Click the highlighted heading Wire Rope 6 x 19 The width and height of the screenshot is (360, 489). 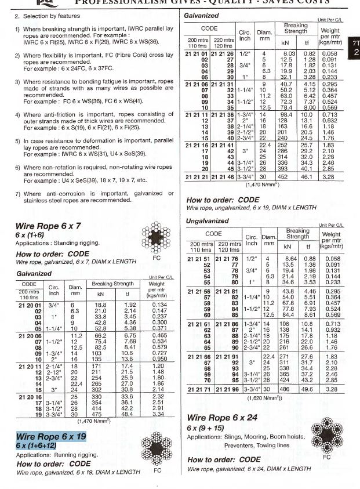[52, 436]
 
